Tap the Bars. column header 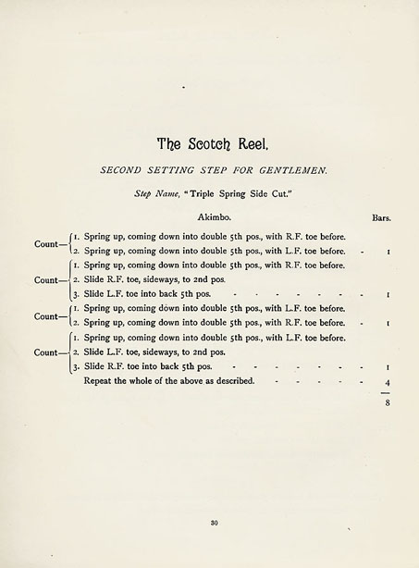[x=381, y=218]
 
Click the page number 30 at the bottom [x=213, y=524]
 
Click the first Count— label [x=49, y=244]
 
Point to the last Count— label [x=49, y=352]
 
